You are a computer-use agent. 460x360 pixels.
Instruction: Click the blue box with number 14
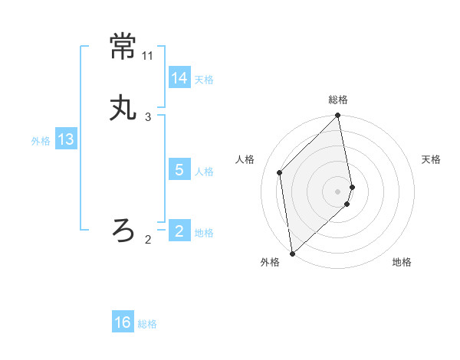click(179, 77)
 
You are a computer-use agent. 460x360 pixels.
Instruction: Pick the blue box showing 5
click(179, 170)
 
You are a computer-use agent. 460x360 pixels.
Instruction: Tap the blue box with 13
click(66, 139)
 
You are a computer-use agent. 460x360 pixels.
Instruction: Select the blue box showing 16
click(123, 322)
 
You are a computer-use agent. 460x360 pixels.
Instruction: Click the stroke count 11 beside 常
click(148, 57)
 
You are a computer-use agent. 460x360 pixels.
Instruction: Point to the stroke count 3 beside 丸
click(148, 117)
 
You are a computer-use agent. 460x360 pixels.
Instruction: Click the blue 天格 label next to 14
click(204, 80)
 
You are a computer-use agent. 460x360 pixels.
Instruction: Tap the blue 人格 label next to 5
click(204, 172)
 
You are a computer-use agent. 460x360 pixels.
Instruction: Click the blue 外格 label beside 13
click(41, 141)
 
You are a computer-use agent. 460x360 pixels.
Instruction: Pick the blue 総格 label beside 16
click(147, 324)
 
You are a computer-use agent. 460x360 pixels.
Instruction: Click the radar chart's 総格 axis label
click(338, 100)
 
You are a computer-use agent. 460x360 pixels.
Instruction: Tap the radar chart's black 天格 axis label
click(432, 159)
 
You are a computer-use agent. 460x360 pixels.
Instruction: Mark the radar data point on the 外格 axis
click(291, 254)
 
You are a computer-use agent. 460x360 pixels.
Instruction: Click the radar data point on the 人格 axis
click(280, 172)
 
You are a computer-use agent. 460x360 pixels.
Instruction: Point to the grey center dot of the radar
click(338, 191)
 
